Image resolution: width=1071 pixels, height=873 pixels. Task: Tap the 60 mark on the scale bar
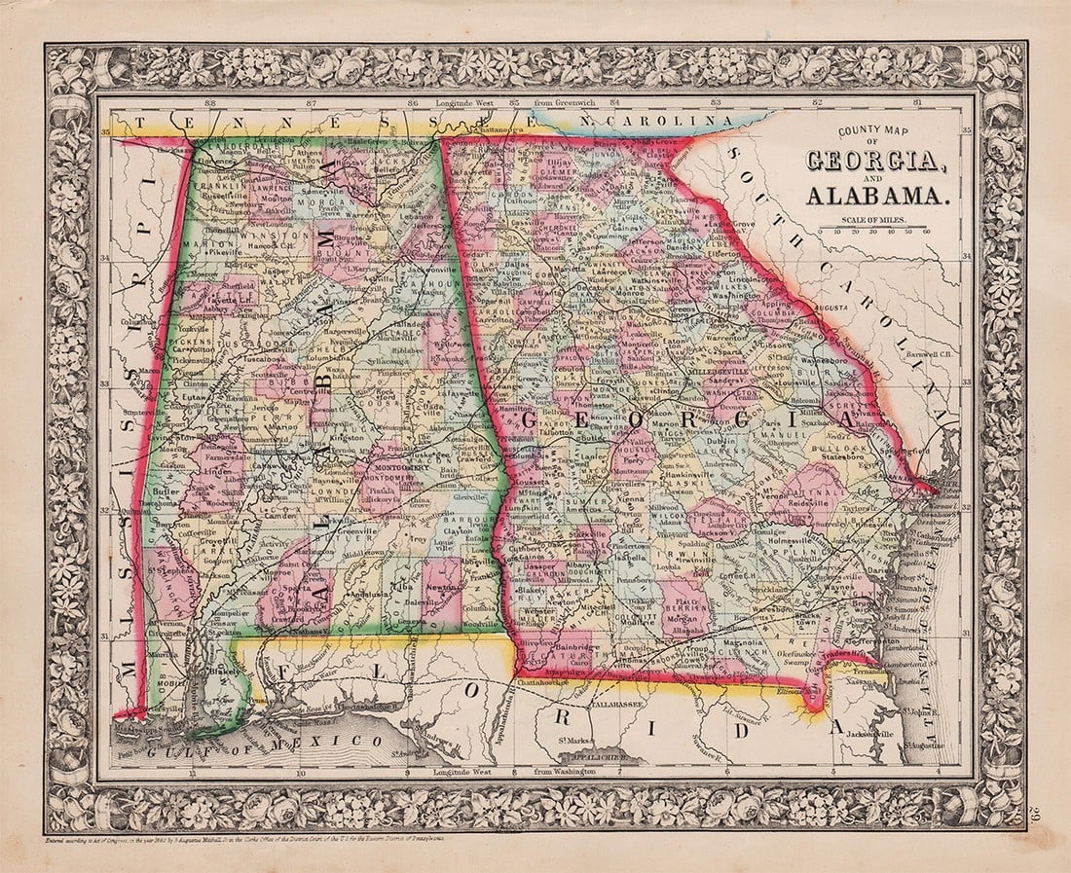click(926, 232)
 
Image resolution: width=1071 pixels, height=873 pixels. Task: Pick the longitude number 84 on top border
click(614, 101)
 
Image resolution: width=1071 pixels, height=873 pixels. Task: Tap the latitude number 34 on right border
click(967, 257)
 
